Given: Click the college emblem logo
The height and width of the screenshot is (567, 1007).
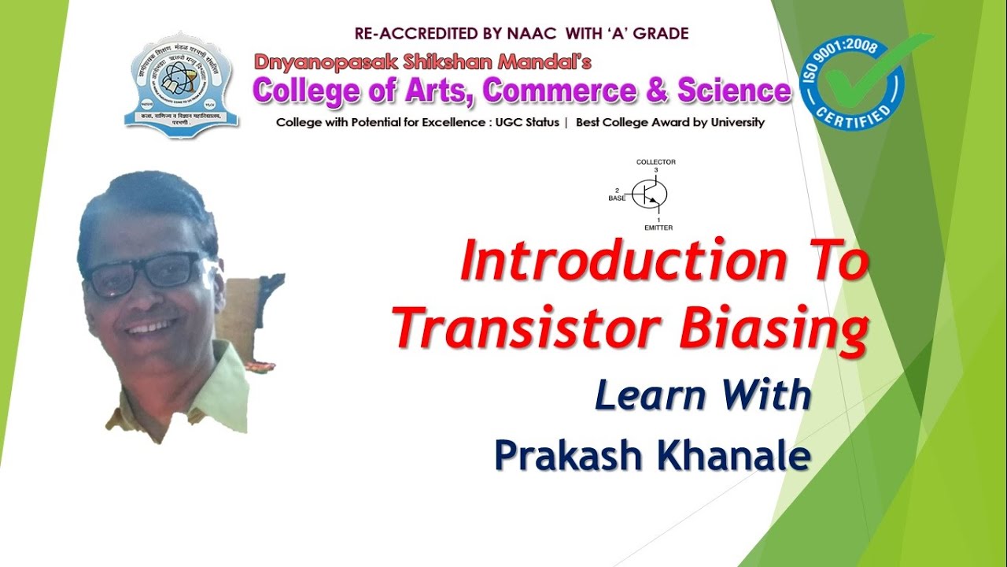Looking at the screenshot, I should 182,84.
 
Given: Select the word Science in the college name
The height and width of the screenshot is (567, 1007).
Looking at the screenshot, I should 734,91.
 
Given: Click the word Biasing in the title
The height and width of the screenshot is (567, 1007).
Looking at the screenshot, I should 773,329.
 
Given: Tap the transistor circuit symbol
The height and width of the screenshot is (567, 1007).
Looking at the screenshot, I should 651,194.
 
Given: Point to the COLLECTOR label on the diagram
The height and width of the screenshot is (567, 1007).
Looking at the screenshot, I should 655,162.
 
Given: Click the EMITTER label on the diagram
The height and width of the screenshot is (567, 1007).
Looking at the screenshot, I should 658,228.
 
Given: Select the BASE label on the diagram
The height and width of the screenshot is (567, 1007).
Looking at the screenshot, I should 617,198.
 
